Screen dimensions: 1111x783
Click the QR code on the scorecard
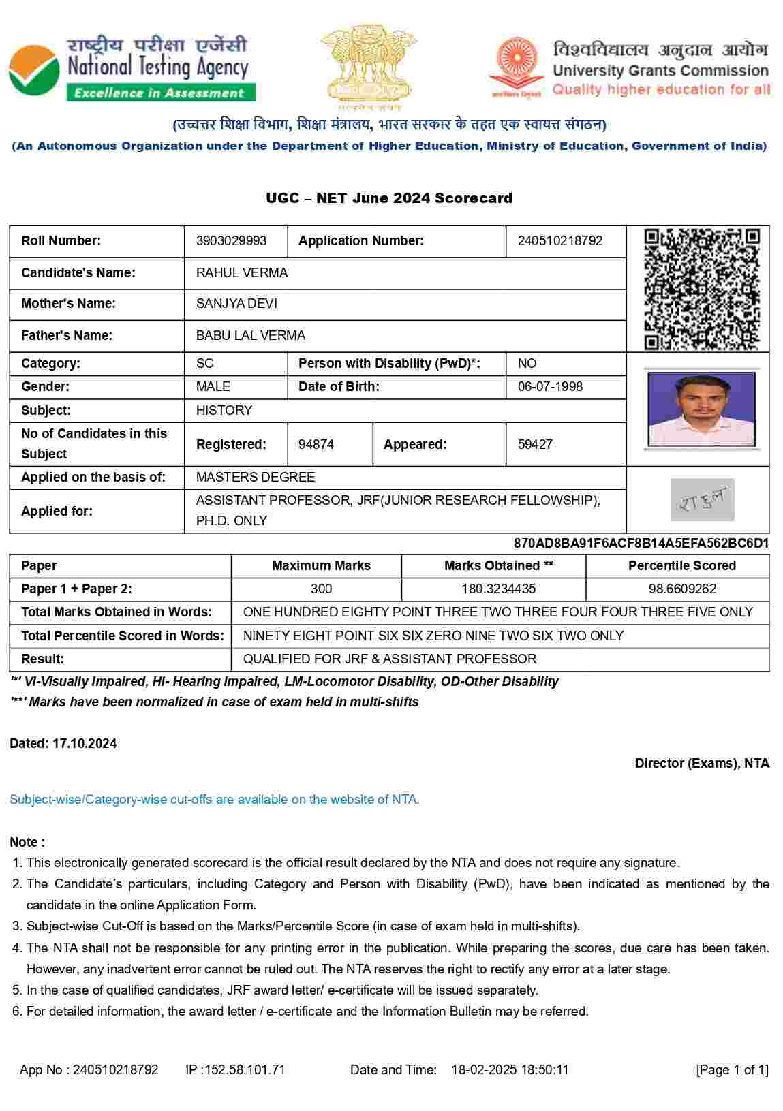click(x=701, y=289)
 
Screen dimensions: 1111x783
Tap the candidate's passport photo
click(x=701, y=409)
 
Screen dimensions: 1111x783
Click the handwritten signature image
click(x=702, y=499)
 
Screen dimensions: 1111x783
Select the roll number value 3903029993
click(x=231, y=241)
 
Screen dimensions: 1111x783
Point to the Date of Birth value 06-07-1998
click(x=550, y=387)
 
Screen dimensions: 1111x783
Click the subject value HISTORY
click(x=224, y=410)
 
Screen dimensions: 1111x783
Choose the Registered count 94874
click(x=316, y=444)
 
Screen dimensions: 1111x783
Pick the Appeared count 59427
click(x=535, y=444)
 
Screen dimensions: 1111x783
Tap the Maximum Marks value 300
click(x=321, y=589)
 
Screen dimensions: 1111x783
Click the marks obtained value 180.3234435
click(x=498, y=589)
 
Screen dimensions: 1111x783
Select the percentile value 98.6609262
click(x=681, y=589)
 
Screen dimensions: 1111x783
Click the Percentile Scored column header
click(x=681, y=565)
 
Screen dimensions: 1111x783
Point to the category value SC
click(x=204, y=363)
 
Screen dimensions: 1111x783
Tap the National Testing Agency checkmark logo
click(x=34, y=69)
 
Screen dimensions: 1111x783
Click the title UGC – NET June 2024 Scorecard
click(x=389, y=198)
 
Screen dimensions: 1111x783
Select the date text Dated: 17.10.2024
click(x=63, y=743)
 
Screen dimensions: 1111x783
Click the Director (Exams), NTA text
click(x=702, y=763)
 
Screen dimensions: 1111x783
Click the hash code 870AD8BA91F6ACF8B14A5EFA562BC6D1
click(x=641, y=543)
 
